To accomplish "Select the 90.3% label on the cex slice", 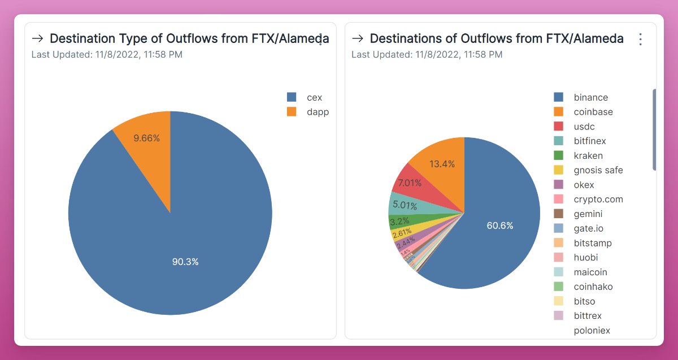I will pos(185,262).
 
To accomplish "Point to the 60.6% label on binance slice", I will pos(500,225).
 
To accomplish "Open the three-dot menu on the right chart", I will pos(640,39).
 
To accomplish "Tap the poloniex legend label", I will pos(592,331).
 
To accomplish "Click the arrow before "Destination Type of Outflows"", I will pos(38,38).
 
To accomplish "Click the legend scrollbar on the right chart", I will pos(654,129).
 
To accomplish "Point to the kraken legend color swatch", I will pos(559,155).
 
